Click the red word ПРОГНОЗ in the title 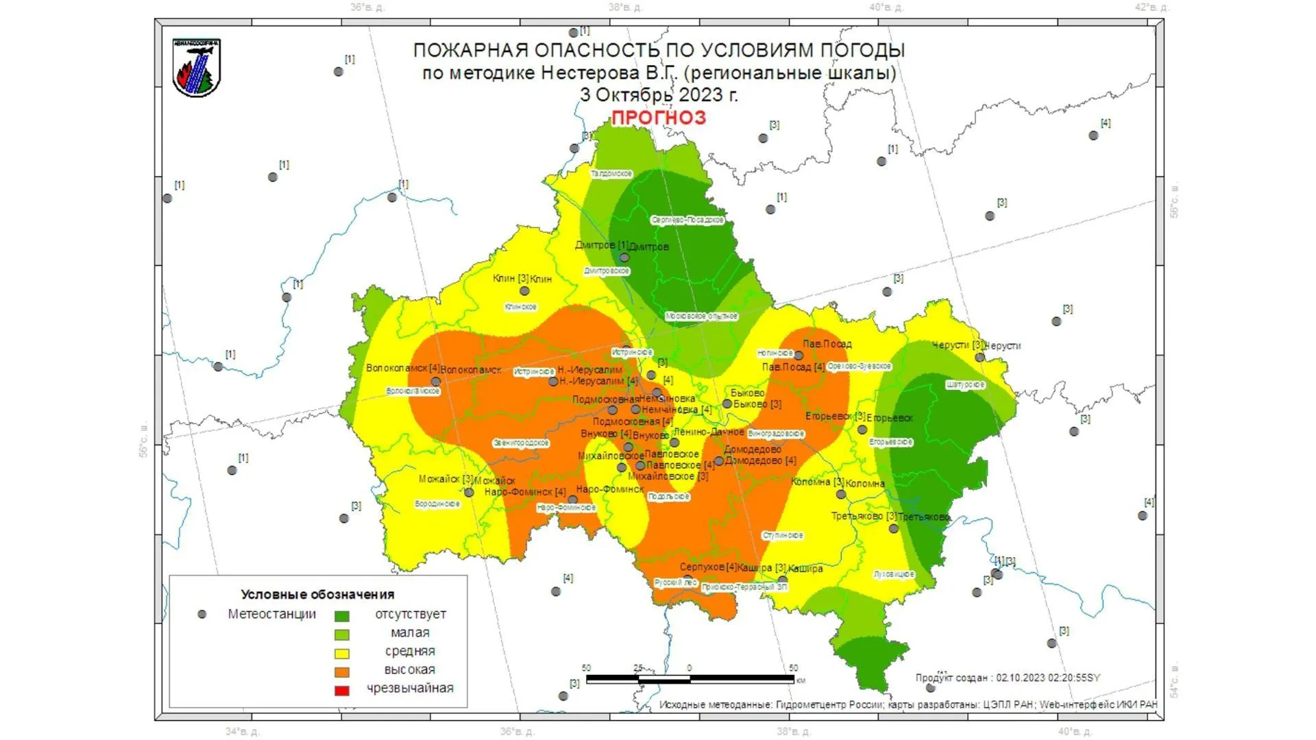(658, 118)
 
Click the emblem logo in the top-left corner (197, 68)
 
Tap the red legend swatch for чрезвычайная (341, 691)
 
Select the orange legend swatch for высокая (341, 672)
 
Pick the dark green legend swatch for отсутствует (341, 617)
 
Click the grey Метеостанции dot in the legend (202, 615)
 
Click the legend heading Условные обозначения (317, 595)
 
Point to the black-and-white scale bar (690, 679)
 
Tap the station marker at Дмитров (624, 258)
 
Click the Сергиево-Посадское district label (687, 221)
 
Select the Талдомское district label (611, 174)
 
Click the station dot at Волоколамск (436, 382)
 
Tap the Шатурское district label (965, 385)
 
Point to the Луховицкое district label (894, 574)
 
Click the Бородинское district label (437, 504)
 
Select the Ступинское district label (783, 536)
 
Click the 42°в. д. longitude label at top (1151, 8)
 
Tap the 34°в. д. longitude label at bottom (242, 732)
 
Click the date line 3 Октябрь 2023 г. (659, 95)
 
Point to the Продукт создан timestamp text (1008, 678)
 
